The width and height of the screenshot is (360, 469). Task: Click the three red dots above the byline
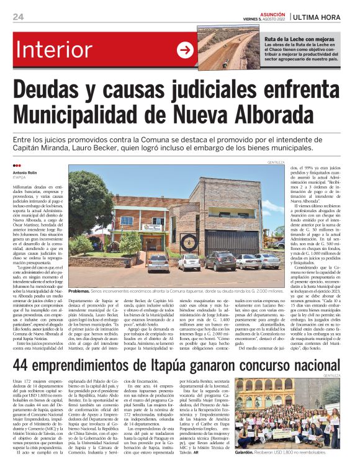16,165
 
